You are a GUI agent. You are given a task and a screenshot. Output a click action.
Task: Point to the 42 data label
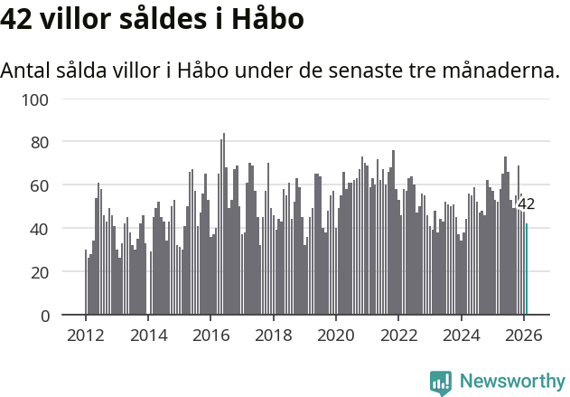(526, 204)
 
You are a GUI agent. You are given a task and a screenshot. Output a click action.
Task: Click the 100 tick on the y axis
(33, 99)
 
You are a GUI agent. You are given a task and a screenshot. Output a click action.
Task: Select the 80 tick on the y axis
(37, 142)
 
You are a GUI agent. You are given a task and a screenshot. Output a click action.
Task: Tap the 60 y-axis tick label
(37, 185)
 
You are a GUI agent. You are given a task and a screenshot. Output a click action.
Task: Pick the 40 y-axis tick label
(37, 229)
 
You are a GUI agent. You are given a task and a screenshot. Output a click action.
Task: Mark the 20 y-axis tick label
(37, 272)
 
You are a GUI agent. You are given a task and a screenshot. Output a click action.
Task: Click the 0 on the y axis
(42, 316)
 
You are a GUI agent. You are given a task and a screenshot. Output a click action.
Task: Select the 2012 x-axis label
(86, 335)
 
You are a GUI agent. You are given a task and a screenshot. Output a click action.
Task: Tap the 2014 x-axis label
(148, 335)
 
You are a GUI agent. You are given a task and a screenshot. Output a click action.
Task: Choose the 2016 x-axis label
(210, 335)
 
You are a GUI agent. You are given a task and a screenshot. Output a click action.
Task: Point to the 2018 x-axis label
(274, 335)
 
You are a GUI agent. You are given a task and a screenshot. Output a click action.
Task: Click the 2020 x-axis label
(336, 335)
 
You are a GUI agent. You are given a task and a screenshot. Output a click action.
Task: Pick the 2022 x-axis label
(398, 335)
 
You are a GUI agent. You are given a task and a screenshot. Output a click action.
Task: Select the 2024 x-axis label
(461, 335)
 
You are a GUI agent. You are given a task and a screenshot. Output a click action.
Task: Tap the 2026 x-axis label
(524, 335)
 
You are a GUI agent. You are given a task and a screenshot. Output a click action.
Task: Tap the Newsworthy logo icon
(441, 383)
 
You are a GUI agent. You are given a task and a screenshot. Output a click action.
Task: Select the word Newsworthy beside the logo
(511, 382)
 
